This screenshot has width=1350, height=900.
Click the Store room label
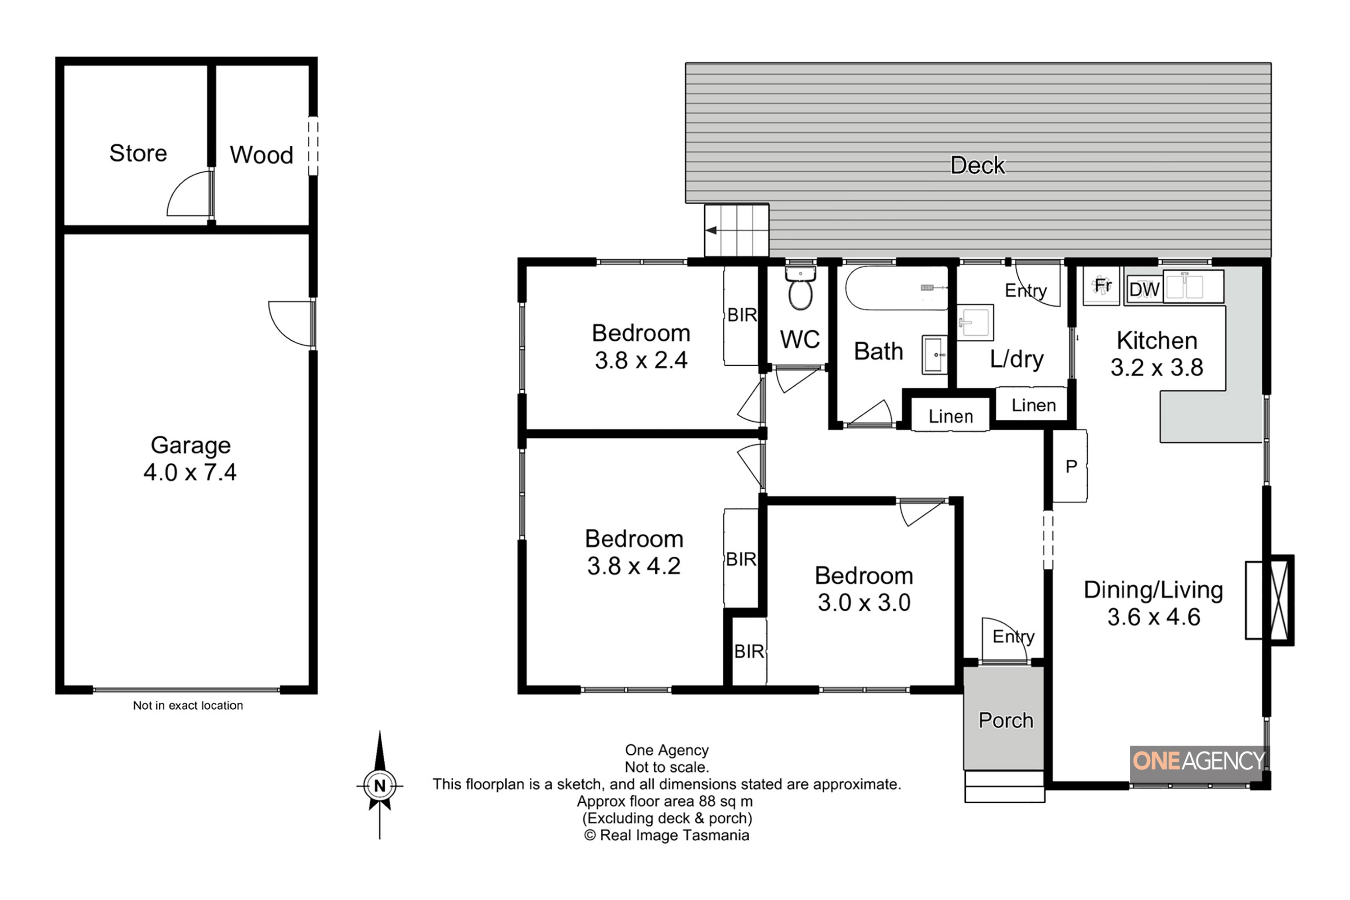tap(138, 153)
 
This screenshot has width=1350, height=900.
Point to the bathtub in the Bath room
tap(896, 288)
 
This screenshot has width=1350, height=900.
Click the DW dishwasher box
tap(1144, 290)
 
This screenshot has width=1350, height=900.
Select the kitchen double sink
tap(1193, 286)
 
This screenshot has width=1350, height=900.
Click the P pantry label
tap(1071, 467)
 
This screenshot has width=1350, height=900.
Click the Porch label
tap(1006, 720)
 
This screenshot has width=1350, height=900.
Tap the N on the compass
tap(379, 786)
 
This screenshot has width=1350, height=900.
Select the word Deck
tap(977, 165)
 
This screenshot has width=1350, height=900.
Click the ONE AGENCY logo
tap(1199, 761)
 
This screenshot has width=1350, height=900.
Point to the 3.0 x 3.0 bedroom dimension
tap(864, 603)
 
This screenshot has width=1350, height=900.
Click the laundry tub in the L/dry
tap(975, 323)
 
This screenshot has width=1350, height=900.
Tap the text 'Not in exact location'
tap(188, 706)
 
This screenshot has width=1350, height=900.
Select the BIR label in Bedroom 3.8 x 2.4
tap(742, 315)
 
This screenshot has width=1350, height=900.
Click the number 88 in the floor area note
tap(707, 801)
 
